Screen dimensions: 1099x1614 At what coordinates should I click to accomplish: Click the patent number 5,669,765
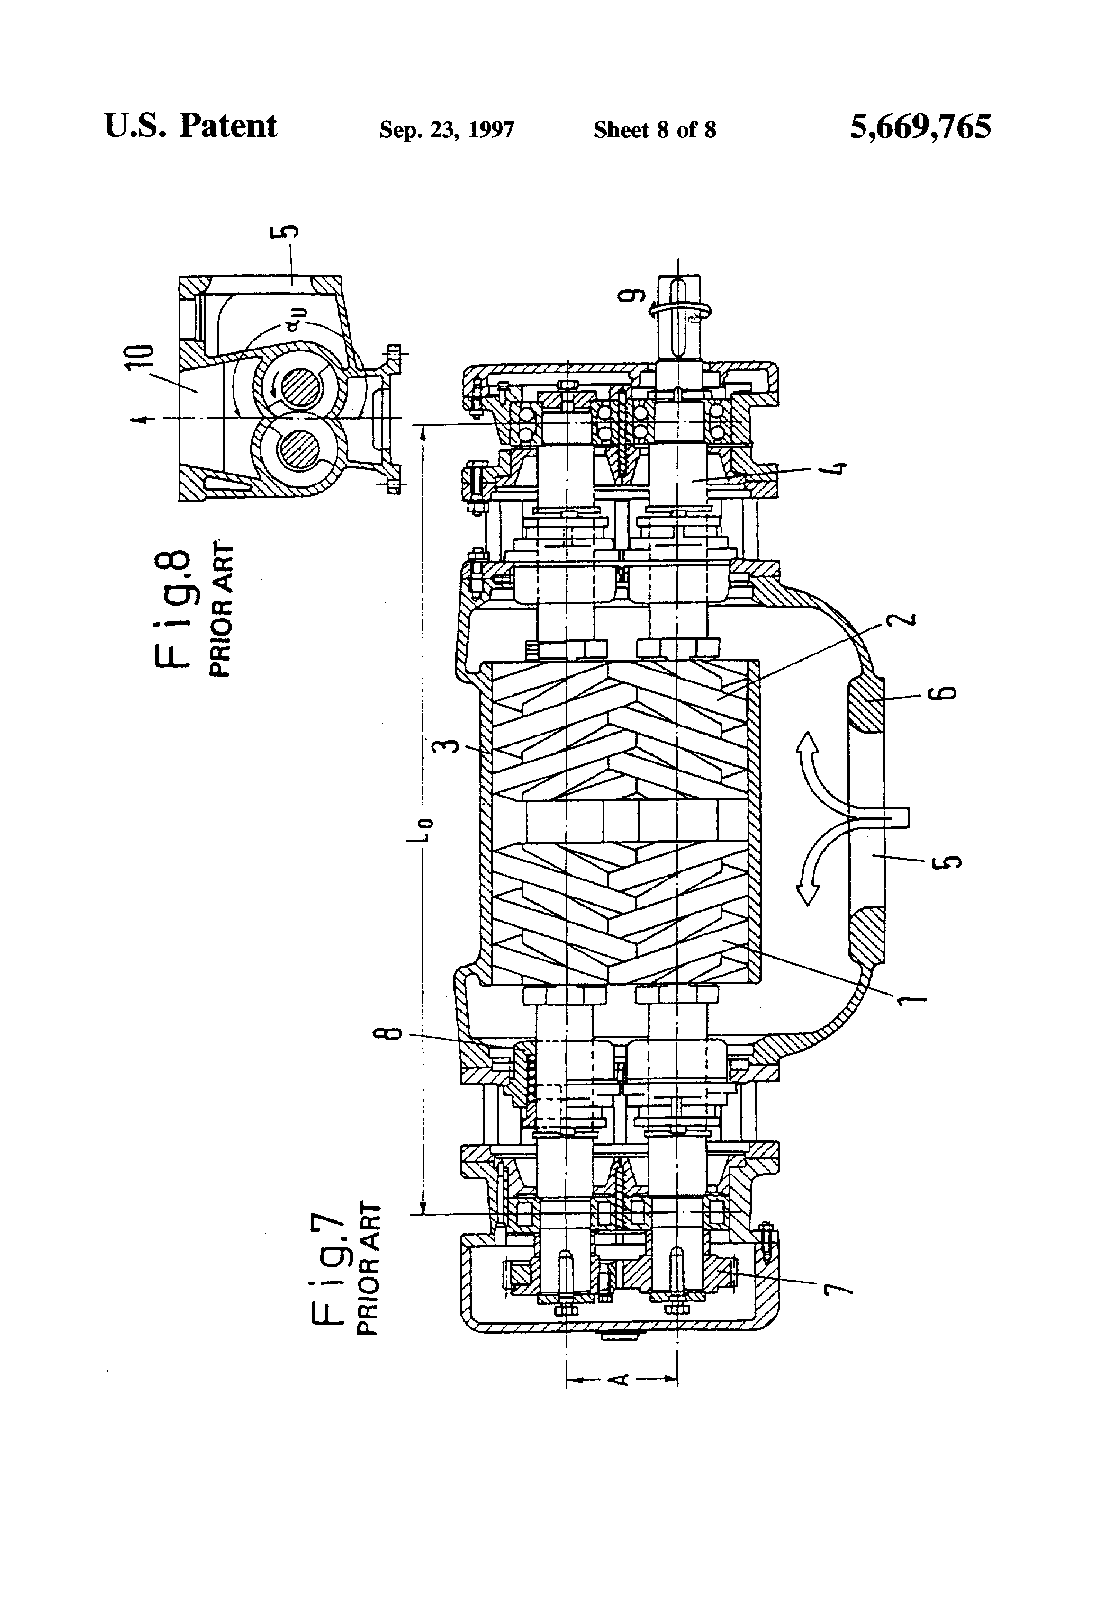click(x=920, y=127)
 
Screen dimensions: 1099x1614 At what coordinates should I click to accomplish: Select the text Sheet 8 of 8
click(x=654, y=130)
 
